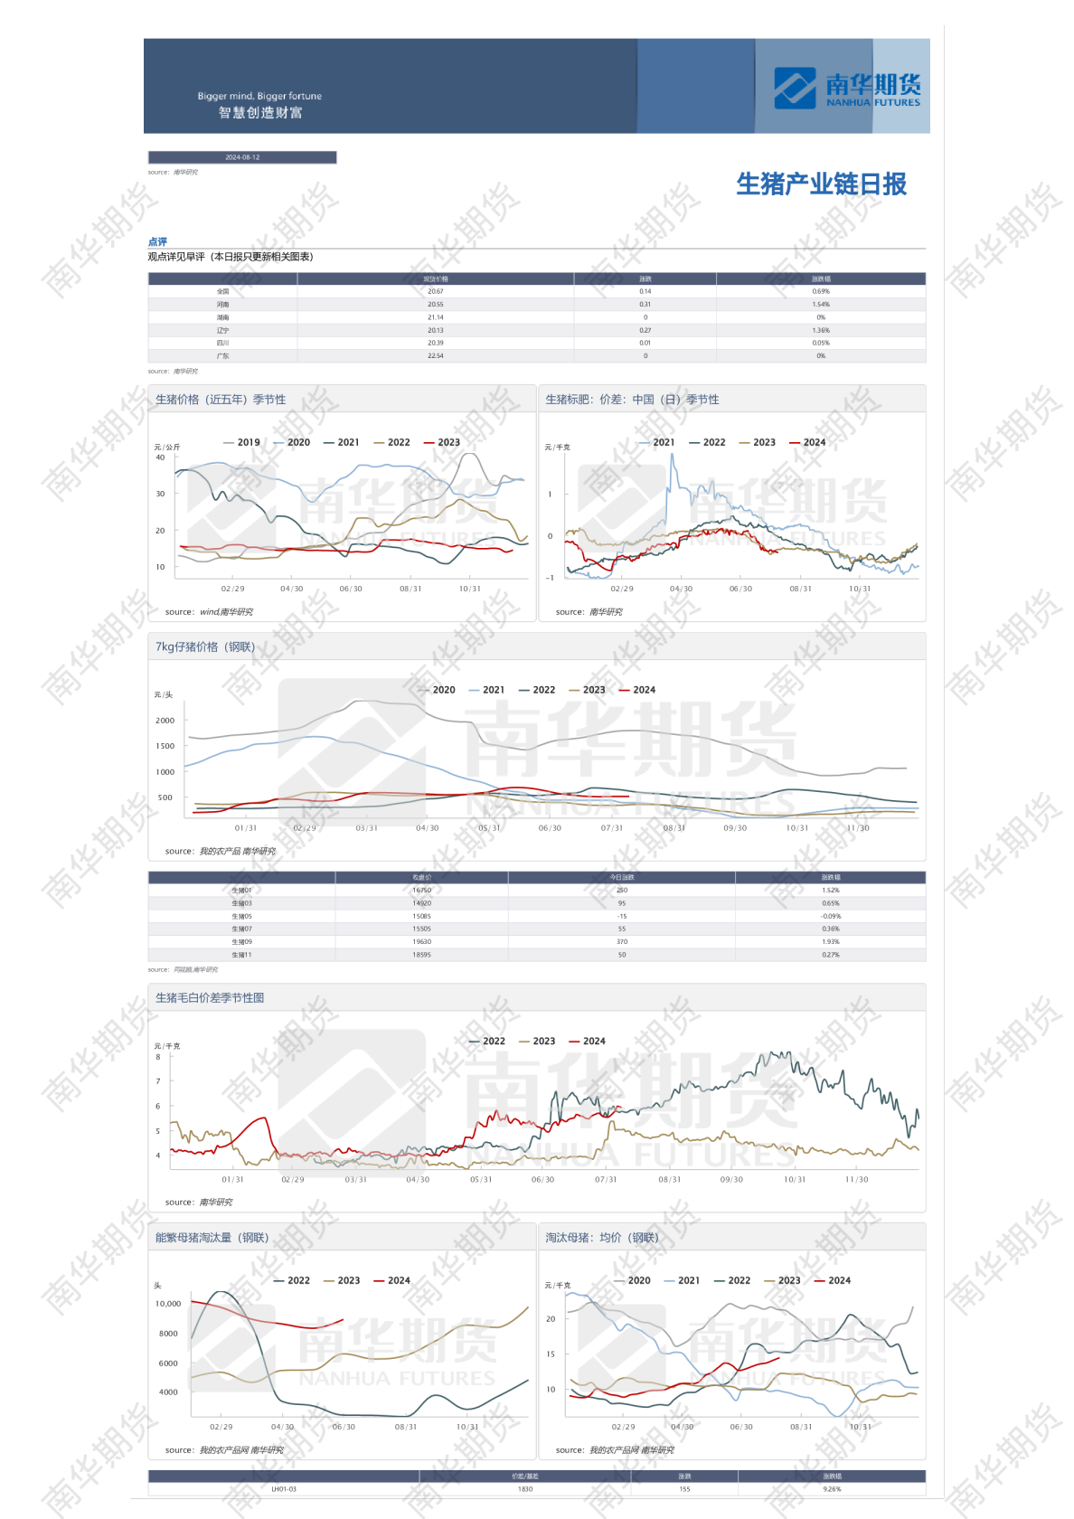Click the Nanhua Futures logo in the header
coord(846,88)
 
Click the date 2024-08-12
coord(242,157)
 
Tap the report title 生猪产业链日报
coord(821,184)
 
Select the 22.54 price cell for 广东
coord(435,356)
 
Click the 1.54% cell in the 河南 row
coord(820,305)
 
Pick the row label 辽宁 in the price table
coord(222,331)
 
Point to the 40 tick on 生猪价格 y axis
coord(160,458)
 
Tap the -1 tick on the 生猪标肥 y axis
coord(550,578)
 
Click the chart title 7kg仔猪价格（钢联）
coord(205,647)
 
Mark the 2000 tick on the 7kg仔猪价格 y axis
coord(165,721)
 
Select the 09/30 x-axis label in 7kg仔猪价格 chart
coord(735,828)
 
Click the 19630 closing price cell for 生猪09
coord(421,942)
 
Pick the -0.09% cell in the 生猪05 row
coord(830,917)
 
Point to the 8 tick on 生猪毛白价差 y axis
coord(158,1057)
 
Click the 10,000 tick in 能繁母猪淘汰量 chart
coord(168,1304)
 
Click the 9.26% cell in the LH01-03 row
coord(832,1489)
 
